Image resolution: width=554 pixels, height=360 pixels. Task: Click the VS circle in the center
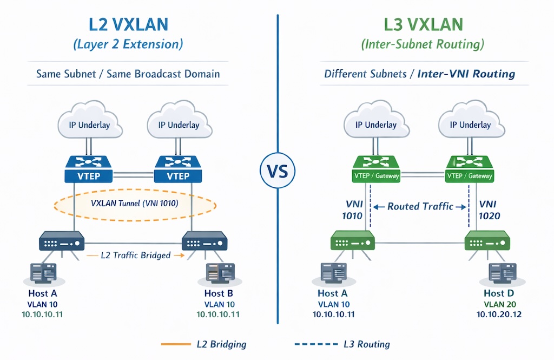click(x=278, y=172)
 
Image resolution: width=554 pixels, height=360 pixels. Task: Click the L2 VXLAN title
click(x=128, y=25)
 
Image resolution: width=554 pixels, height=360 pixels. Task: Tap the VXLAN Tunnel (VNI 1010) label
click(x=134, y=205)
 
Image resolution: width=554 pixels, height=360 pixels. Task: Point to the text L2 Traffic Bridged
click(x=136, y=255)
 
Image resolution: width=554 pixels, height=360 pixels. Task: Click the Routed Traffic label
click(x=420, y=206)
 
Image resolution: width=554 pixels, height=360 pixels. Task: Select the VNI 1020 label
click(x=489, y=210)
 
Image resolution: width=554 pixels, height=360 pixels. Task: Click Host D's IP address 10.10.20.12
click(x=499, y=315)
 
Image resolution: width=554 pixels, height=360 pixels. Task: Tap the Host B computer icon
click(x=219, y=273)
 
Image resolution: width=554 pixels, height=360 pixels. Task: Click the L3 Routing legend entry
click(x=366, y=344)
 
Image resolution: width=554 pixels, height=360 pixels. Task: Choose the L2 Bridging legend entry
click(x=221, y=344)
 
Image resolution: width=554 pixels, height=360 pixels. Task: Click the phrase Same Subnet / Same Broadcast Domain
click(x=128, y=74)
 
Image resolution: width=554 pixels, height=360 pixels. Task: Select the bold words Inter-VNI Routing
click(x=466, y=74)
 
